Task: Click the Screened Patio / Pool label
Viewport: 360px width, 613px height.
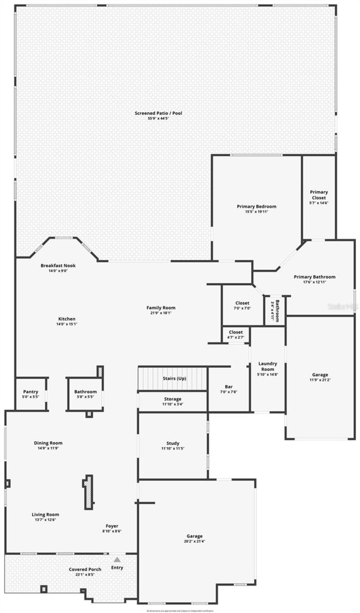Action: click(158, 113)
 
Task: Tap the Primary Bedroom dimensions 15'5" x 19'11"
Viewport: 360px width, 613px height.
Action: click(256, 212)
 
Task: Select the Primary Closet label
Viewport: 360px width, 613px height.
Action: click(319, 195)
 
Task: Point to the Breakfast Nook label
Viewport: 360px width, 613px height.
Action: click(58, 265)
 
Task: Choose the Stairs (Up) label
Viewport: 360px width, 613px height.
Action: click(174, 378)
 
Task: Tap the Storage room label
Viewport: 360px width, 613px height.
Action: click(173, 399)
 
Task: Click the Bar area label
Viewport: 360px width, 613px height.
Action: click(229, 387)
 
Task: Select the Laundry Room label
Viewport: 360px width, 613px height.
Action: click(268, 366)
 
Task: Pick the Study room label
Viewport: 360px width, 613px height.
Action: click(173, 443)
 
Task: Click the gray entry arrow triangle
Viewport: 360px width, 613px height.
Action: click(117, 560)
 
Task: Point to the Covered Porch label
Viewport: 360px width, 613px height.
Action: click(85, 569)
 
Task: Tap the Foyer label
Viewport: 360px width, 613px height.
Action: click(112, 526)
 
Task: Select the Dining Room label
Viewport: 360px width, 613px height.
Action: click(48, 443)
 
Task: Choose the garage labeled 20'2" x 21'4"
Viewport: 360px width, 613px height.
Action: click(195, 539)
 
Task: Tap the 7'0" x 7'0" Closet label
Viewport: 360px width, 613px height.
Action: click(242, 303)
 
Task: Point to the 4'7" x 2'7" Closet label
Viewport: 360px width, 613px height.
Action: click(236, 332)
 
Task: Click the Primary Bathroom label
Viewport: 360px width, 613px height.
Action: click(315, 277)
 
